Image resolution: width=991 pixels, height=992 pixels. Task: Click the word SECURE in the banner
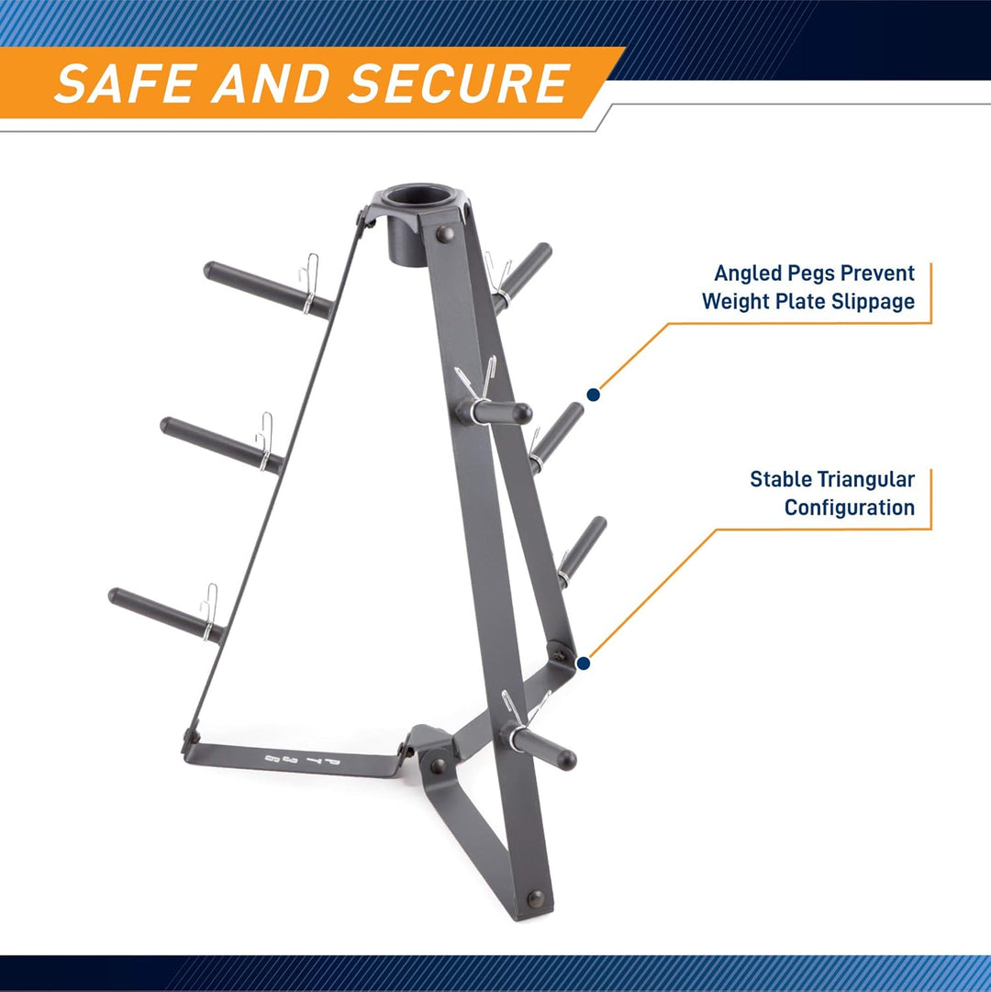459,84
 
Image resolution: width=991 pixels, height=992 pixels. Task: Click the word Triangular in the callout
868,479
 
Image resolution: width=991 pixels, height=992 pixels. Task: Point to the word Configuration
849,507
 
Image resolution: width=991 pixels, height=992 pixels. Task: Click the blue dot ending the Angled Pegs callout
594,395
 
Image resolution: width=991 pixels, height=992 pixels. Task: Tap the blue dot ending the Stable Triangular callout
582,661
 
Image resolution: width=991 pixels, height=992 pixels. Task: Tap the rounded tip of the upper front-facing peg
521,413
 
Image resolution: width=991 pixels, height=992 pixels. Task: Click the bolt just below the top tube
445,235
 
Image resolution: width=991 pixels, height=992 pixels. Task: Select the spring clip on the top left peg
310,283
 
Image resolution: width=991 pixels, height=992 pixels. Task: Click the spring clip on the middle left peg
264,440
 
